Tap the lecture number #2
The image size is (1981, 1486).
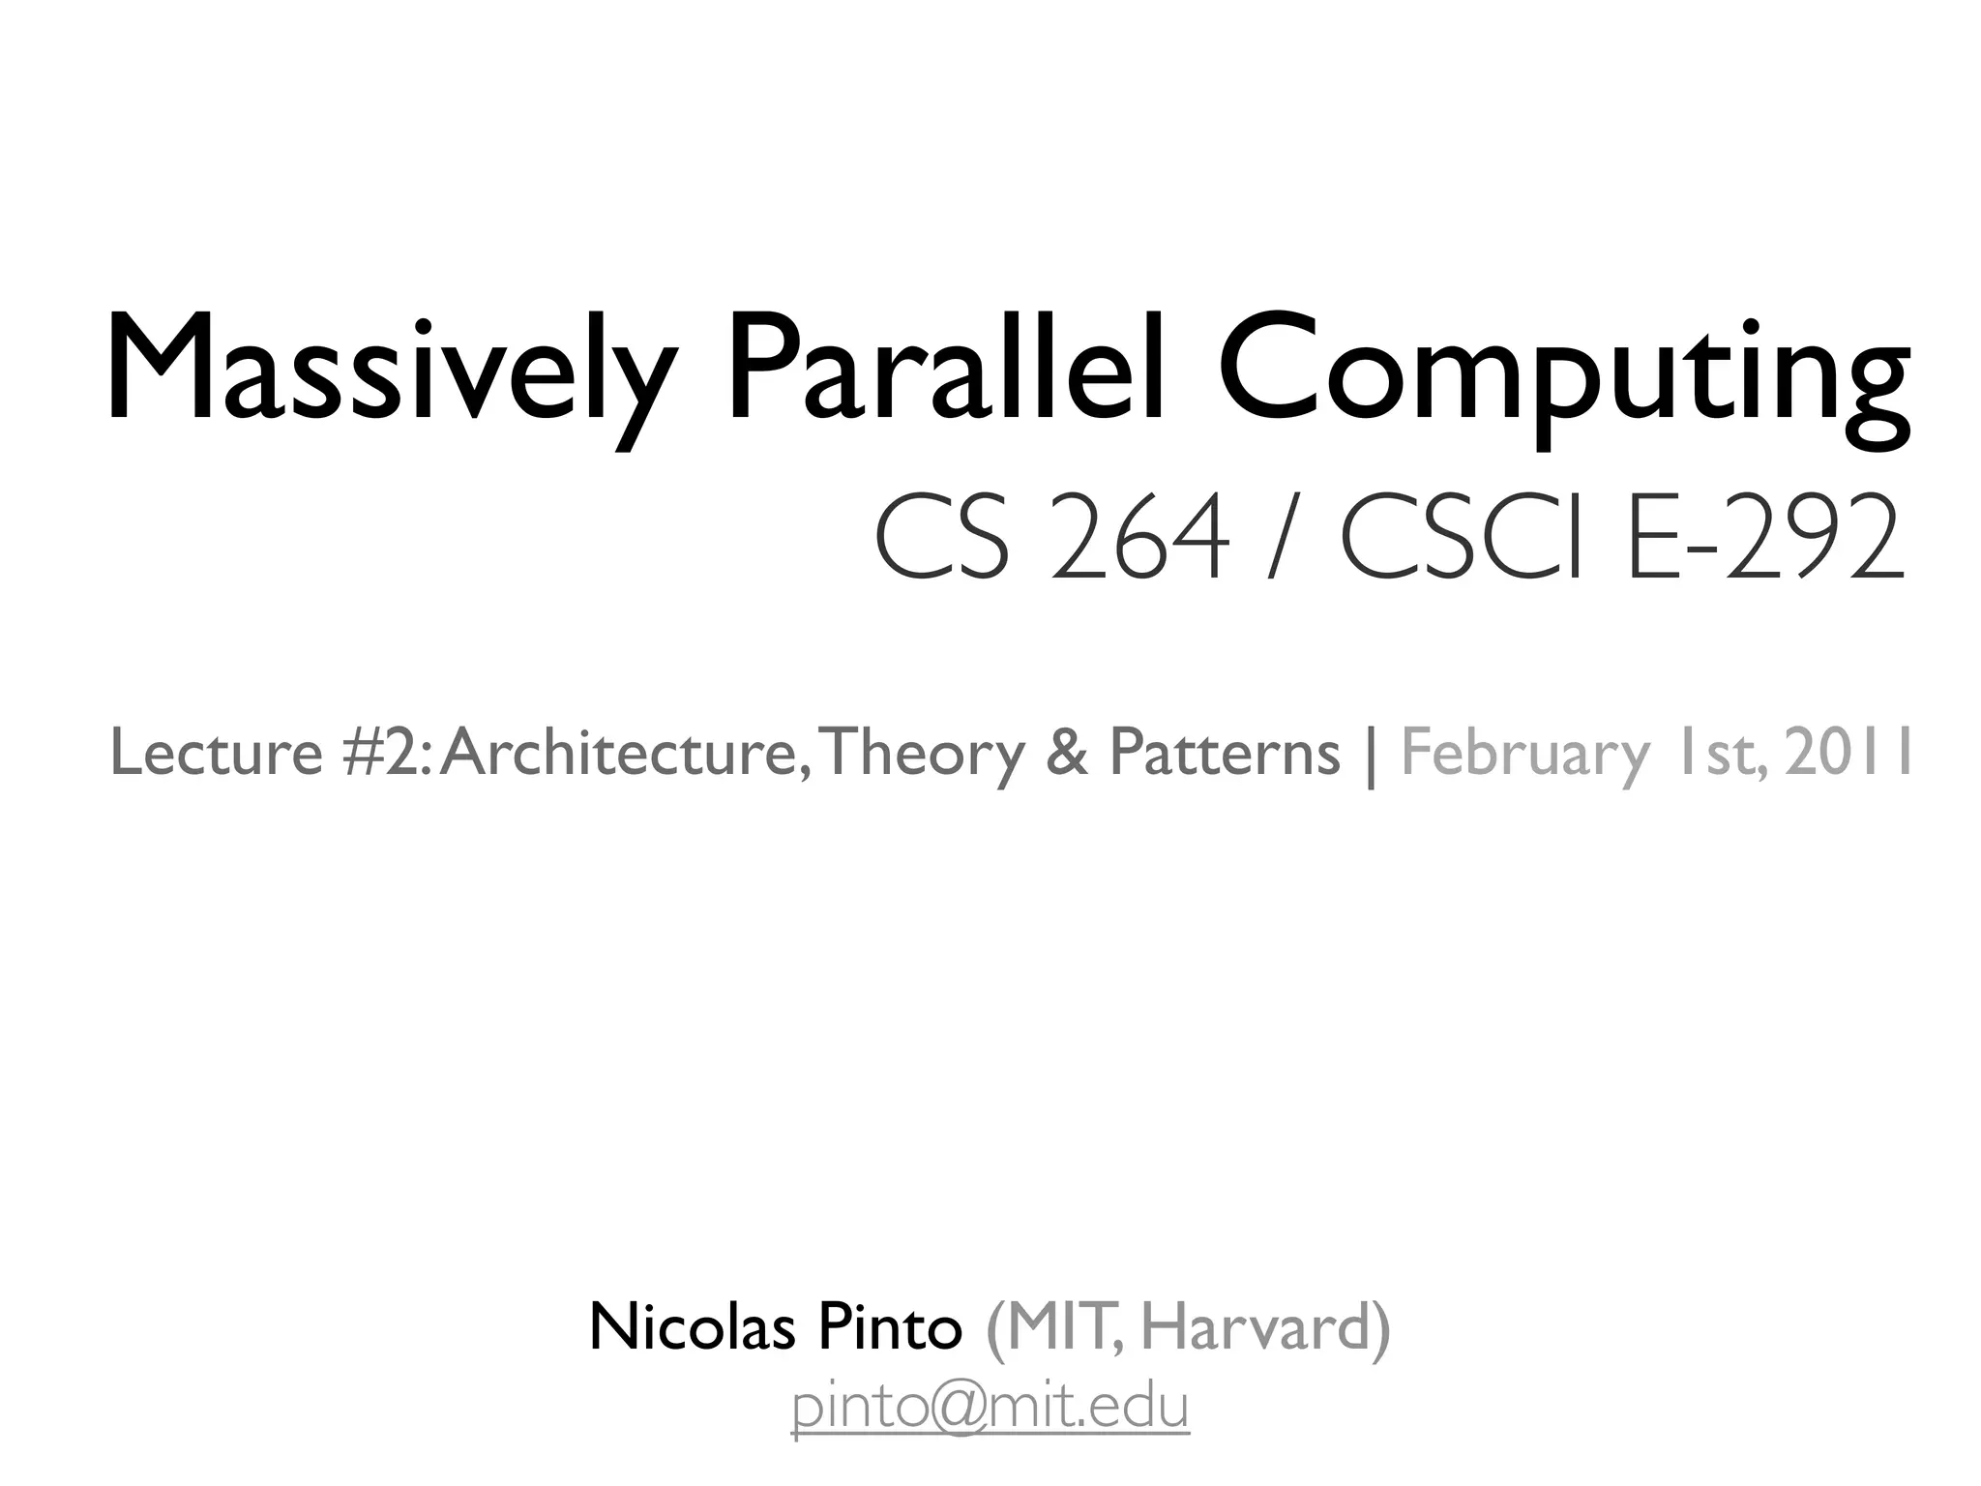(x=381, y=753)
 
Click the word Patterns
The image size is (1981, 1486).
(x=1225, y=753)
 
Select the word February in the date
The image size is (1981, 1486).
(x=1524, y=753)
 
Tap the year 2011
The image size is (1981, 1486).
(x=1848, y=753)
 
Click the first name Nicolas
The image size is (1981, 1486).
(x=692, y=1327)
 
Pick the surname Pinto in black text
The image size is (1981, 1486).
(x=890, y=1327)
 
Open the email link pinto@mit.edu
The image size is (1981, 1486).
(x=990, y=1408)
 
